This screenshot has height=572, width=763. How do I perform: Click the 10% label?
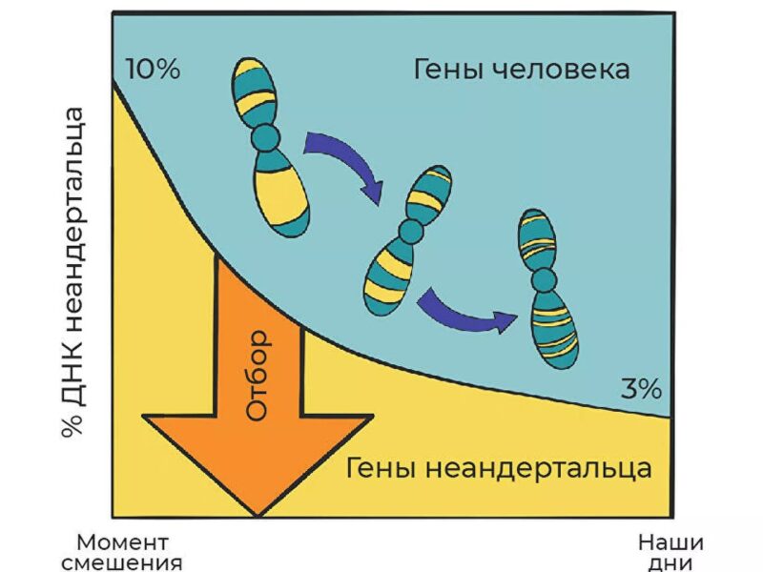[x=153, y=71]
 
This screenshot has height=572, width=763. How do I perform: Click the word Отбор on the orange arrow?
[x=258, y=377]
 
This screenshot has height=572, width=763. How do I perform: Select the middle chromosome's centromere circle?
[x=411, y=230]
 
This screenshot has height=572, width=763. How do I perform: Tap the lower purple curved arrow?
[x=467, y=310]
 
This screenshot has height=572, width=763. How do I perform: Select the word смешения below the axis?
[x=121, y=562]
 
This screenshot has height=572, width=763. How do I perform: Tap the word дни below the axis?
[x=670, y=562]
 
